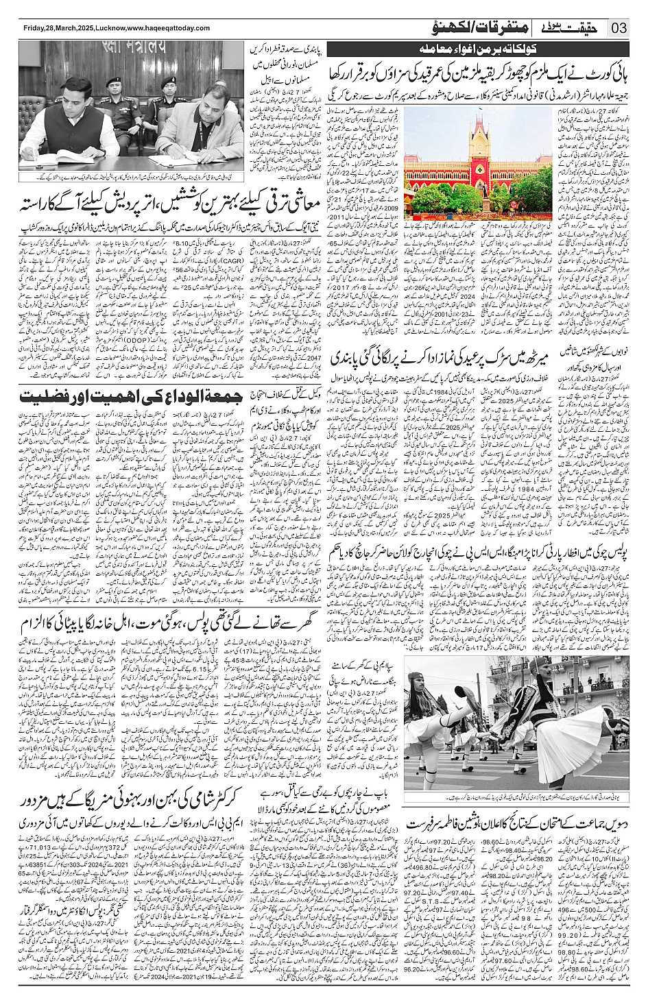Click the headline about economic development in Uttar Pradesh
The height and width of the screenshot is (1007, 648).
tap(162, 202)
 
